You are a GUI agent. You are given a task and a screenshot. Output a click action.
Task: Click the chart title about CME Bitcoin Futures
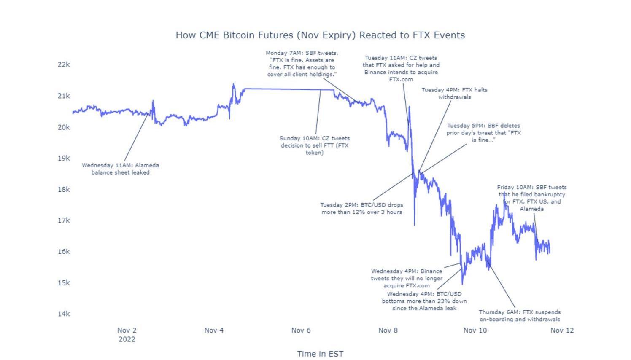320,35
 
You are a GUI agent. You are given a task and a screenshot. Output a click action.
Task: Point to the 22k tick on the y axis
64,64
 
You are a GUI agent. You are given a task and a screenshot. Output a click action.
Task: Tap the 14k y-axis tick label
64,314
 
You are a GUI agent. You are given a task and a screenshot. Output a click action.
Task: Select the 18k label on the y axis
64,189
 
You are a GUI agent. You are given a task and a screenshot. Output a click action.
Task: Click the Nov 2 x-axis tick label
127,330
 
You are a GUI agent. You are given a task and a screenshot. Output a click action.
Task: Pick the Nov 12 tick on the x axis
562,330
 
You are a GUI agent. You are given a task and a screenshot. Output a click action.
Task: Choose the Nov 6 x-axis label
301,330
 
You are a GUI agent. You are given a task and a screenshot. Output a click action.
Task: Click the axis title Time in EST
320,354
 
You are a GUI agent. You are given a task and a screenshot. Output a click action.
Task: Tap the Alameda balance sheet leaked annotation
120,169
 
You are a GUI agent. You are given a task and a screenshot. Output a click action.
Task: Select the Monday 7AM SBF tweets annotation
302,64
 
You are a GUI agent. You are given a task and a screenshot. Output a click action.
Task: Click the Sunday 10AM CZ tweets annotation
314,145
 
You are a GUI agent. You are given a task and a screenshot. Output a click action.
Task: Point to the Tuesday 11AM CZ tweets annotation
401,68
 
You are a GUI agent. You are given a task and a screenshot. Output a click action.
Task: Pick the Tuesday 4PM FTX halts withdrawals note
454,93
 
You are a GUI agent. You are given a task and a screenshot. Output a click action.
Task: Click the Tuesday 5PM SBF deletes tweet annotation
483,132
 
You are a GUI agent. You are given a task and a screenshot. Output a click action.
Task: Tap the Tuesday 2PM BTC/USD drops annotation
361,208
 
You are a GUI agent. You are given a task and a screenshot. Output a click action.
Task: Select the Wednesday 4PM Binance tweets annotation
407,278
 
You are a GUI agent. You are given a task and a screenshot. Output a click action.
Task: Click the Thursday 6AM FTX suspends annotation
520,315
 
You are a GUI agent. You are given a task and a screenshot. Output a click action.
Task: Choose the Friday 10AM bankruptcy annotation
531,198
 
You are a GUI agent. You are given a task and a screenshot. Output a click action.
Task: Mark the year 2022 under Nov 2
127,339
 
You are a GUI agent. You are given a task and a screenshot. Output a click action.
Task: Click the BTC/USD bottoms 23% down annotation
424,301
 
